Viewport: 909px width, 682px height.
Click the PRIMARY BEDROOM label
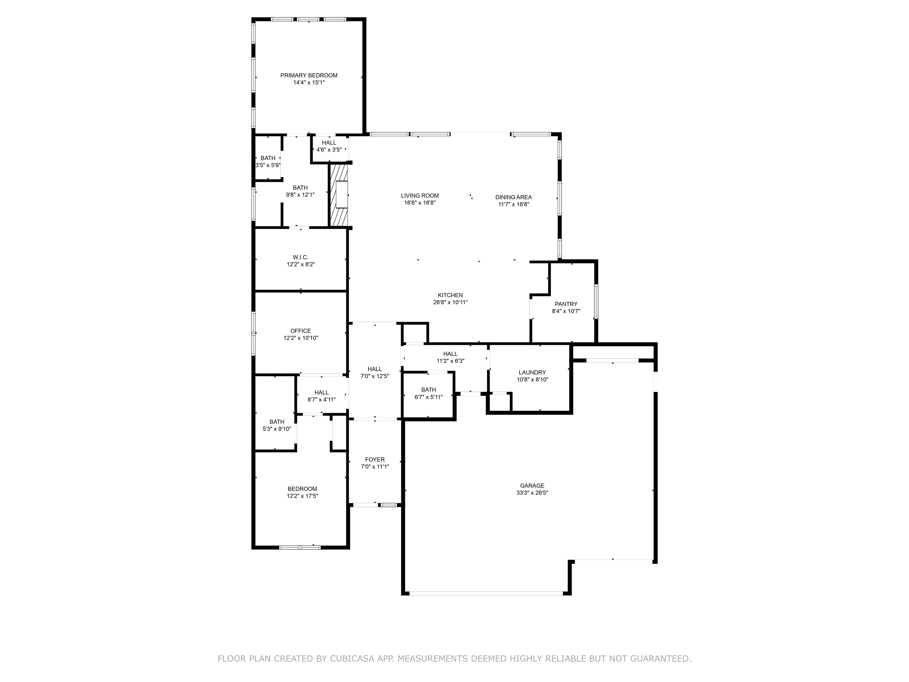[309, 75]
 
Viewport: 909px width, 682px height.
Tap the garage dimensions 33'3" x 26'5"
[532, 493]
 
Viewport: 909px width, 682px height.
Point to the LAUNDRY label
[532, 372]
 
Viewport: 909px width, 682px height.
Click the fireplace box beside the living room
[341, 194]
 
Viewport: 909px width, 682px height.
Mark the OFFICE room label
[300, 331]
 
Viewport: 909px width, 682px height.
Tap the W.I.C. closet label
[300, 257]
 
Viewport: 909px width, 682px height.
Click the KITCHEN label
[450, 295]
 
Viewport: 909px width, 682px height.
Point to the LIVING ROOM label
[420, 196]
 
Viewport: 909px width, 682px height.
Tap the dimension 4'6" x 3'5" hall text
[329, 150]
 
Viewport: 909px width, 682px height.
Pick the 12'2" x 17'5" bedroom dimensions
[302, 496]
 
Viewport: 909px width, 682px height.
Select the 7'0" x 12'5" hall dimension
[375, 376]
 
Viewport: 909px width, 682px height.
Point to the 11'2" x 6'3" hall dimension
[450, 361]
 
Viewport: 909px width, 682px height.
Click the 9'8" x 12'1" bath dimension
[300, 195]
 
